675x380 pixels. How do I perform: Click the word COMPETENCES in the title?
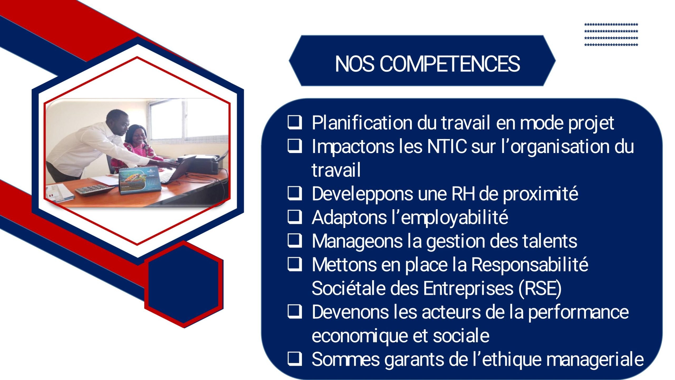coord(450,64)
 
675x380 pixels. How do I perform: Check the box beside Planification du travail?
coord(295,123)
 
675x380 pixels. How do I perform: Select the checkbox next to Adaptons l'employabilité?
coord(295,217)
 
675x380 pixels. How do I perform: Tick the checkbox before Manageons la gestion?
coord(295,241)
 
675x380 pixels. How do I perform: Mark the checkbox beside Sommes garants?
coord(295,359)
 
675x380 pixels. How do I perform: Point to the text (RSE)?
coord(540,288)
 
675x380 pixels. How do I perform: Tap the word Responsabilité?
coord(530,265)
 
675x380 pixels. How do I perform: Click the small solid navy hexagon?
coord(184,284)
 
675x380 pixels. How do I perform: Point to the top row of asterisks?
coord(611,25)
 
